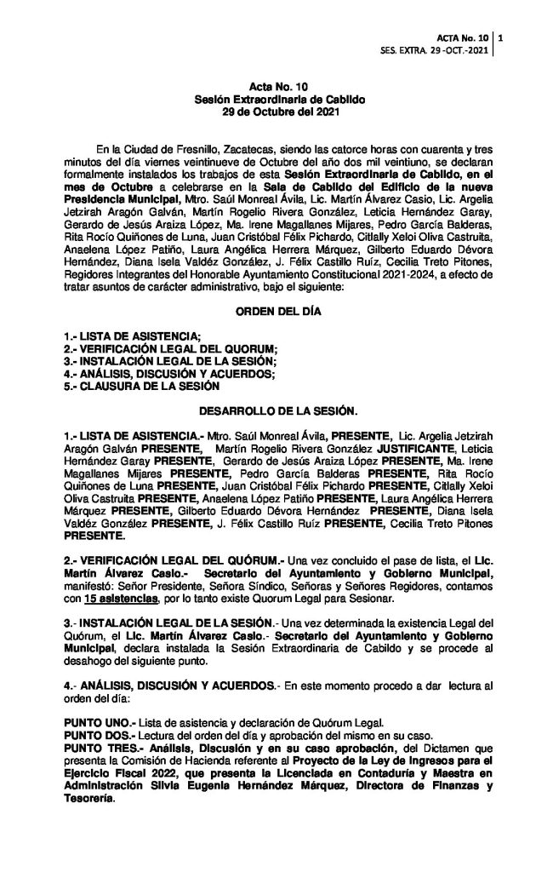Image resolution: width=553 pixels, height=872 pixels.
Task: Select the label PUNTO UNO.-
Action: coord(94,721)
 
